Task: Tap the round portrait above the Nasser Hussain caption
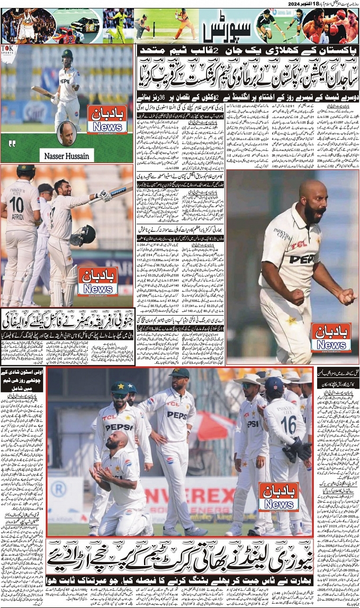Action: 66,133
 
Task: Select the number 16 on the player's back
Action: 288,424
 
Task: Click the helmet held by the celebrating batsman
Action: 85,235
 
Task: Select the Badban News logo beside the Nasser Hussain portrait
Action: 107,119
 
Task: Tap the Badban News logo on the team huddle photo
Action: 278,496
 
